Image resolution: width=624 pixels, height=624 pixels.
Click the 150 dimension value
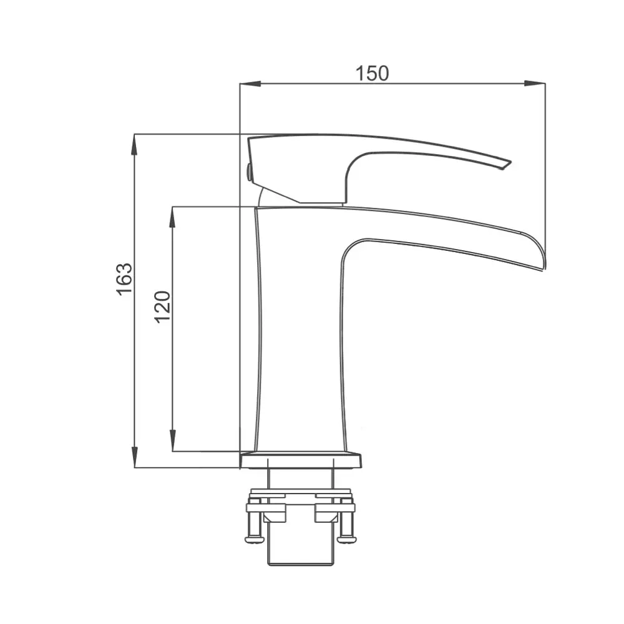coord(372,73)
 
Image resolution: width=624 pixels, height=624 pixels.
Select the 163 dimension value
coord(124,278)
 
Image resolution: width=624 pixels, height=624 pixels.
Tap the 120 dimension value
coord(162,307)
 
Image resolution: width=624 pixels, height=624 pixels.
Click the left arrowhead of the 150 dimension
coord(250,84)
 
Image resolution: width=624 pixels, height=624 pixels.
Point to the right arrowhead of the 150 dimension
coord(535,84)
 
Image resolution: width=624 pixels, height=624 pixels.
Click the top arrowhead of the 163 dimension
coord(135,145)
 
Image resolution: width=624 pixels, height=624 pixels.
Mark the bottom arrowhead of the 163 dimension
coord(135,457)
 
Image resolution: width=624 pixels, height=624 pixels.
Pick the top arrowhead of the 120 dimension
coord(173,217)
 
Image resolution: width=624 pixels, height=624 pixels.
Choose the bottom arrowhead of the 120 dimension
coord(173,441)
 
